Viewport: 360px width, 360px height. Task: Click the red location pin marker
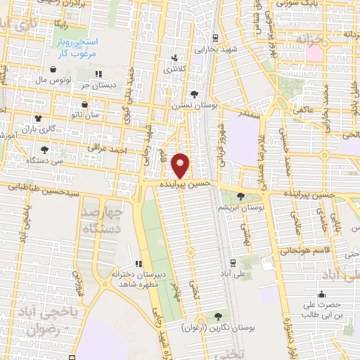pyautogui.click(x=181, y=166)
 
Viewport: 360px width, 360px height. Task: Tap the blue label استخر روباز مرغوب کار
pyautogui.click(x=78, y=47)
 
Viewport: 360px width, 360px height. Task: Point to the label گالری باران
pyautogui.click(x=37, y=129)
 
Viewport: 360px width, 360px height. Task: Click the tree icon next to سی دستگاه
pyautogui.click(x=45, y=150)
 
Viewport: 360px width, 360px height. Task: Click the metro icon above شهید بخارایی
pyautogui.click(x=215, y=39)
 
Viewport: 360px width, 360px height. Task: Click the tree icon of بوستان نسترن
pyautogui.click(x=194, y=94)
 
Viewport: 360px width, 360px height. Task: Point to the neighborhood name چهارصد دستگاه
pyautogui.click(x=103, y=220)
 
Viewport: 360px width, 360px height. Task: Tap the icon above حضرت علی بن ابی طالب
pyautogui.click(x=322, y=294)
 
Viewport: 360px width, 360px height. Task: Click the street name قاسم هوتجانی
pyautogui.click(x=304, y=249)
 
